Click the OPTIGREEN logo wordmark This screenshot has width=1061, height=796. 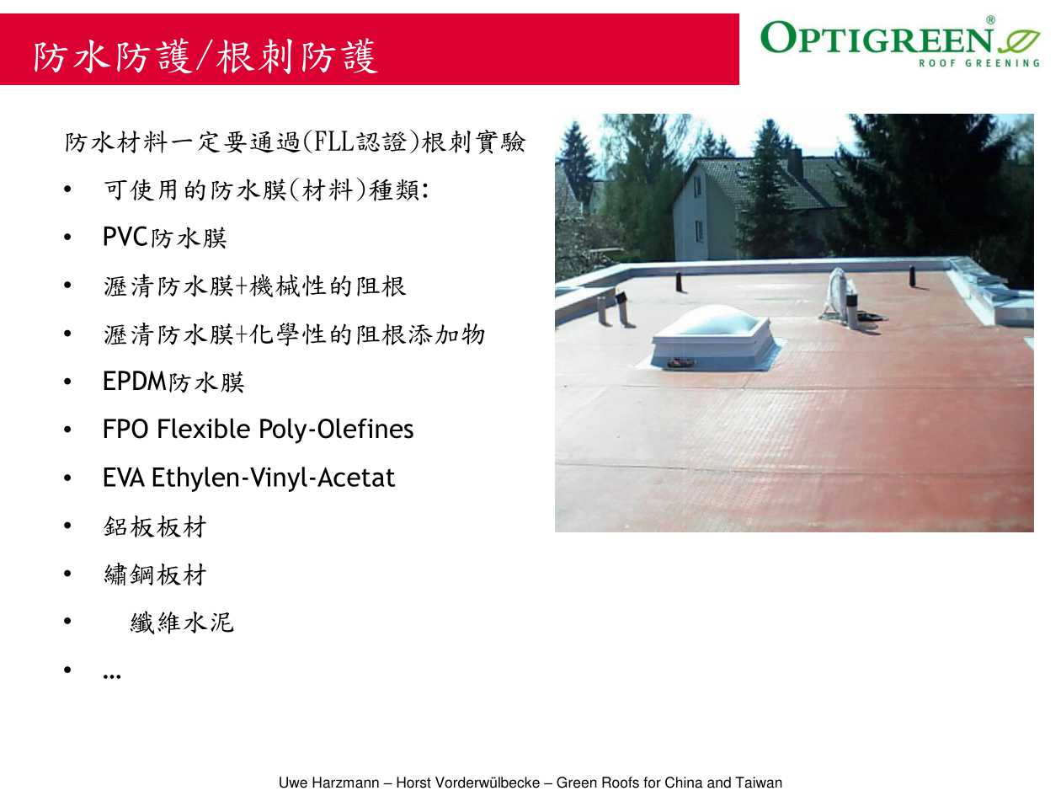click(877, 37)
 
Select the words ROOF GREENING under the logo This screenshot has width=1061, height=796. click(978, 63)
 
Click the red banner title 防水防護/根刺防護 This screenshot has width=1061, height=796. click(205, 56)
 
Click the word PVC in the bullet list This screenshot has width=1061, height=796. click(125, 237)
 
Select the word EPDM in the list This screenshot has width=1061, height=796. click(135, 381)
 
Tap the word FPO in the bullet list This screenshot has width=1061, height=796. click(125, 430)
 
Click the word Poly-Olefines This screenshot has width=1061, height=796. click(336, 430)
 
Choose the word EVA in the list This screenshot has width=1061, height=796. click(123, 478)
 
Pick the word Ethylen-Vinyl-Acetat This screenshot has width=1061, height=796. click(273, 478)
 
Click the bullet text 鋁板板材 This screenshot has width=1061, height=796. click(155, 526)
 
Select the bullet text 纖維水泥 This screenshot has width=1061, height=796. click(182, 622)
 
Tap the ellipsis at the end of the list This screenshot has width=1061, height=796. click(112, 676)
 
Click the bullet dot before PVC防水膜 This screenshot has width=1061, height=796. click(67, 237)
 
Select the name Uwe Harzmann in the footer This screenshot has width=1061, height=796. click(328, 783)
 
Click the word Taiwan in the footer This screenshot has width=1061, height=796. click(759, 783)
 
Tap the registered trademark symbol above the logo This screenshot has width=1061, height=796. click(990, 20)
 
